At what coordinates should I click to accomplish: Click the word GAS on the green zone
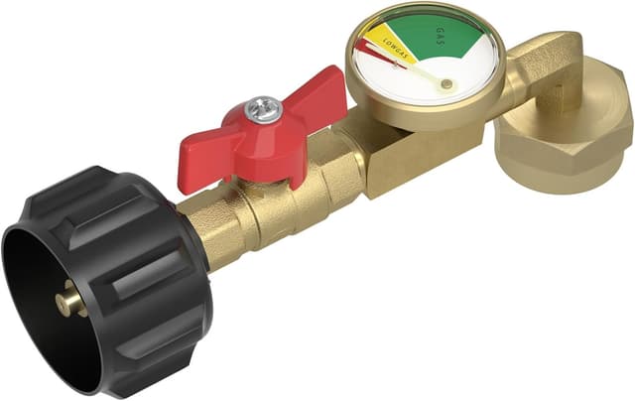pyautogui.click(x=441, y=36)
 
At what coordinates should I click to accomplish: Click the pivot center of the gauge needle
pyautogui.click(x=446, y=83)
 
